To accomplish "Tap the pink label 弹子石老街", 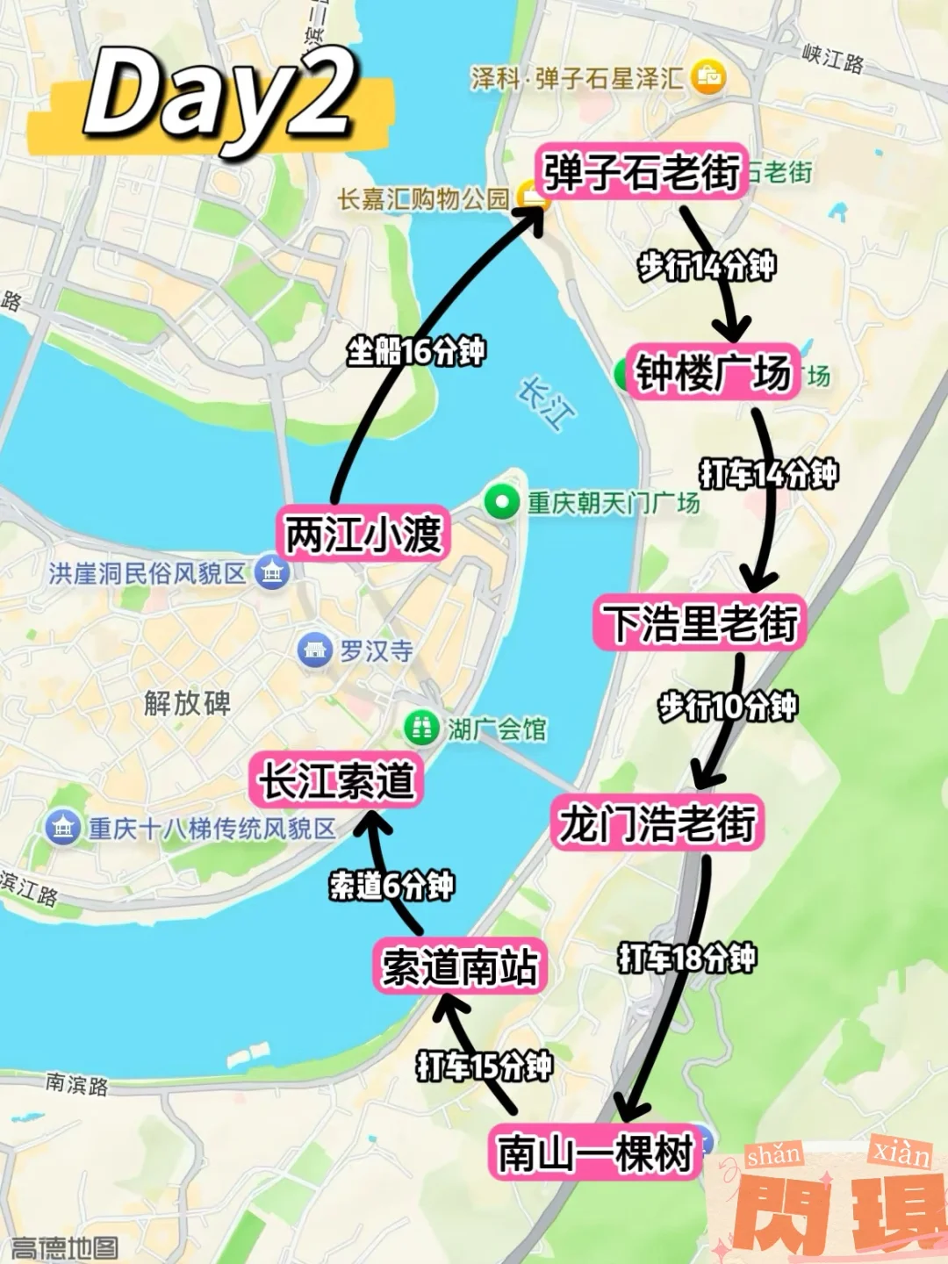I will point(642,171).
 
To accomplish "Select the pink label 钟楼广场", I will point(713,372).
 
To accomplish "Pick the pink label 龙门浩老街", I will point(657,822).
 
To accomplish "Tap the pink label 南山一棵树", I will point(595,1152).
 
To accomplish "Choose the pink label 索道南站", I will point(459,966).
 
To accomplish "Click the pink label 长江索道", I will point(336,779).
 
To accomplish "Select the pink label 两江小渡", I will point(363,533).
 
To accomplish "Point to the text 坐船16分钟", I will point(415,352).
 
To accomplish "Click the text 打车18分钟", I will point(686,958).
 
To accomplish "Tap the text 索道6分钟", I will point(391,885).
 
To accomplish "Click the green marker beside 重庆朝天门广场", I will point(502,503).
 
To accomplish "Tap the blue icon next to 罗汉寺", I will point(314,650).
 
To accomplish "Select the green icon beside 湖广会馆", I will point(421,728).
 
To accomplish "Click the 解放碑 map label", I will point(187,702).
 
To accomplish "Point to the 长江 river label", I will point(547,403).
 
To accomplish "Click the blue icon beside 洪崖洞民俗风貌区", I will point(272,573).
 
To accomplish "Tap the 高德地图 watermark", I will point(63,1247).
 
